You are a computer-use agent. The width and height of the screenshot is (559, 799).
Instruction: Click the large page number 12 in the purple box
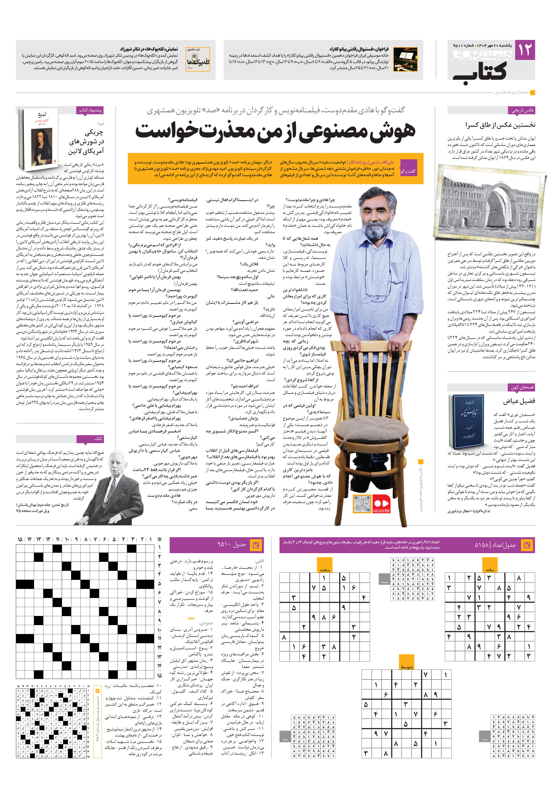524,50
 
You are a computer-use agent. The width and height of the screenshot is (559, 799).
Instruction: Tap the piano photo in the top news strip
405,60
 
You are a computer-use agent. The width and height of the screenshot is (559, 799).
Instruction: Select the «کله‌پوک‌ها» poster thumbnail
198,59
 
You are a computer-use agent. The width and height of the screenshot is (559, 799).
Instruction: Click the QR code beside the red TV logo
362,504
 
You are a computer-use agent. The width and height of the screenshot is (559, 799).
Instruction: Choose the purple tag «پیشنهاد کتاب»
90,110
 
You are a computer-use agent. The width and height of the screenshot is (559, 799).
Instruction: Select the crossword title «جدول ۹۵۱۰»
231,545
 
